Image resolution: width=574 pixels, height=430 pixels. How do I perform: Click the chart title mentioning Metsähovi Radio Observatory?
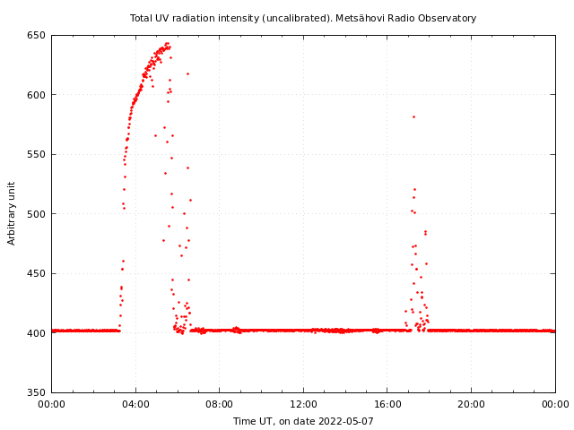pos(303,18)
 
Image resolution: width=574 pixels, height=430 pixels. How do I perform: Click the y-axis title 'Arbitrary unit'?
pos(12,213)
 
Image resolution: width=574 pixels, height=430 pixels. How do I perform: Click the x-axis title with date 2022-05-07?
pos(303,421)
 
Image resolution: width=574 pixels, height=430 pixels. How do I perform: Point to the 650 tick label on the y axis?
pos(36,36)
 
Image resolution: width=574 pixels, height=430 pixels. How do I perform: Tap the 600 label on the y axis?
pos(36,95)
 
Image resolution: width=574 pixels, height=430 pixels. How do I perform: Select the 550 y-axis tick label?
pos(36,155)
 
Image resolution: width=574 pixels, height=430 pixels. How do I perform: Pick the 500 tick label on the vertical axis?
pos(36,214)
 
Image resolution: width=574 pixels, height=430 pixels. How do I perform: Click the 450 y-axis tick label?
pos(36,274)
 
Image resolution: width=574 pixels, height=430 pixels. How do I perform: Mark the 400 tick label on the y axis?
pos(36,333)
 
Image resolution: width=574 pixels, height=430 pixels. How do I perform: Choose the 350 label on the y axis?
pos(36,392)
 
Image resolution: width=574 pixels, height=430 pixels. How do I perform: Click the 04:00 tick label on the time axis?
pos(135,405)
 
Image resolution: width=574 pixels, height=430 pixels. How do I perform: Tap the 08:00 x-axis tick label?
pos(220,405)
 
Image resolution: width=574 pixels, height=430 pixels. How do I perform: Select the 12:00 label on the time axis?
pos(303,405)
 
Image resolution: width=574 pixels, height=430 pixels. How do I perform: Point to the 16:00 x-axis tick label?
pos(387,405)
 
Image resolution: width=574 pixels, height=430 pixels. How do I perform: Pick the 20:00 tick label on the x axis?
pos(472,405)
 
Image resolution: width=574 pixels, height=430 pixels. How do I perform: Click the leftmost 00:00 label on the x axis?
pos(51,405)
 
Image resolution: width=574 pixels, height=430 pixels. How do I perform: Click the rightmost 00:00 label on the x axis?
pos(555,405)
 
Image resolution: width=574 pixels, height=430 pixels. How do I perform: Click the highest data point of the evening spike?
pos(413,116)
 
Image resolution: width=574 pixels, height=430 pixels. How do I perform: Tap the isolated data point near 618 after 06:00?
pos(187,73)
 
